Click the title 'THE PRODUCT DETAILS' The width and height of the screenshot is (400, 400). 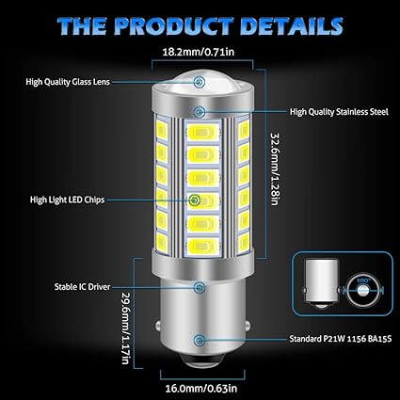pos(200,25)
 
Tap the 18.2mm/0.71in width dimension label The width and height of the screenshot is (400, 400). pos(199,52)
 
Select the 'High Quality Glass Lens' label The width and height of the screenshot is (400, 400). pos(68,82)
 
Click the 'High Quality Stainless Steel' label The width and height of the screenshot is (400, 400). pos(339,112)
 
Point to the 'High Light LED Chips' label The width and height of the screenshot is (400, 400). pos(67,200)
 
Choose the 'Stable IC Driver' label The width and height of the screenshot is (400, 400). pos(82,287)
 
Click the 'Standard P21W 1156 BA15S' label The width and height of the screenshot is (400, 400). pos(341,339)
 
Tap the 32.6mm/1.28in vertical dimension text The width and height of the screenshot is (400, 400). pos(274,168)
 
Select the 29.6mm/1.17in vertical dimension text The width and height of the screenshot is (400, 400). pos(125,328)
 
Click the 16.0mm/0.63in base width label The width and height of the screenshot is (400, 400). pos(201,389)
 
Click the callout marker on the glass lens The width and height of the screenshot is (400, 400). pos(199,82)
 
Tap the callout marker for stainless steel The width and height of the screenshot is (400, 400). pos(199,112)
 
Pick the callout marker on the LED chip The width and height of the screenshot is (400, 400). pos(195,200)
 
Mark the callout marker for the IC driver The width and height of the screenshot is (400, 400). pos(199,287)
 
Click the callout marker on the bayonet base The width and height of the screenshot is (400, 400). pos(199,340)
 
